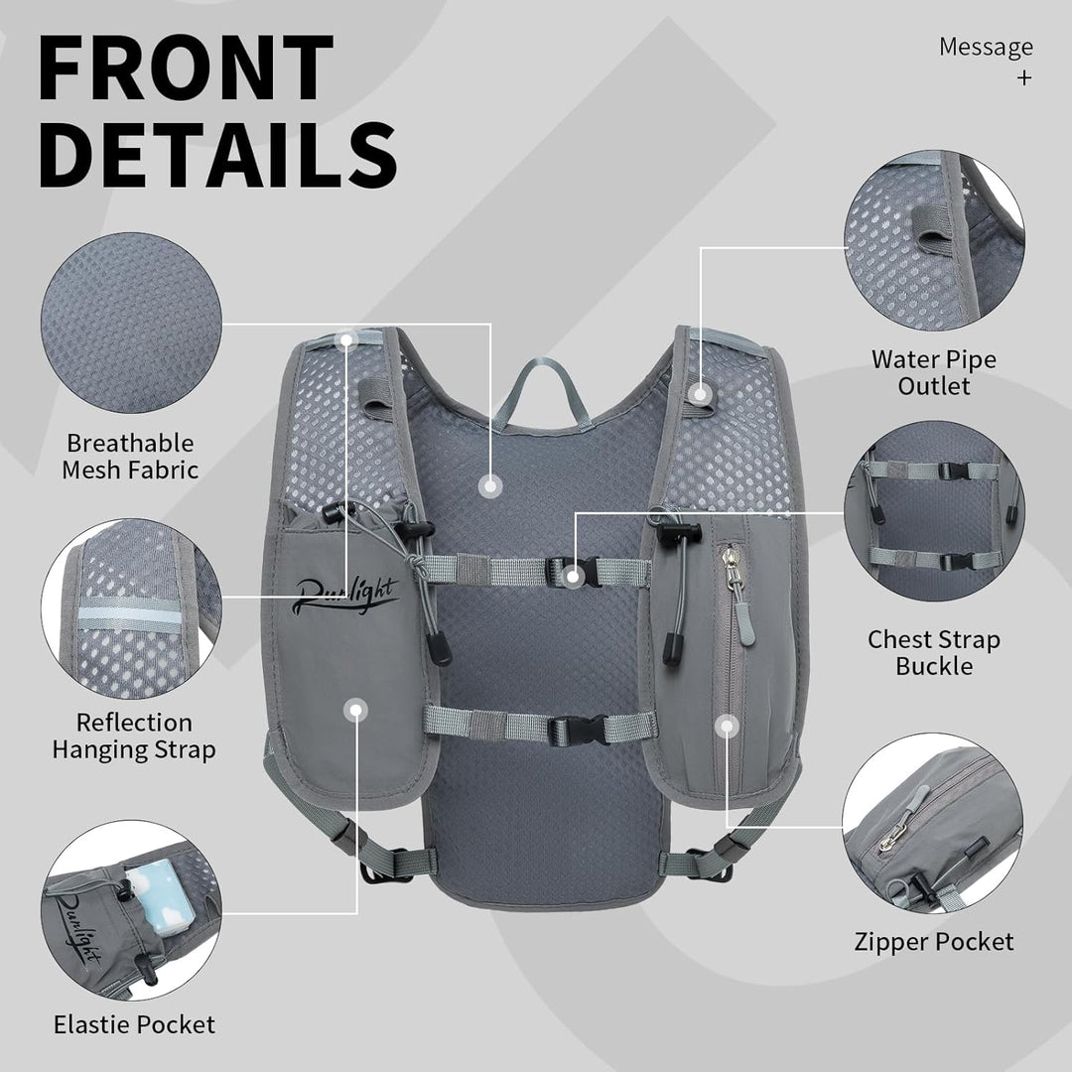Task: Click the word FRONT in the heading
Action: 186,67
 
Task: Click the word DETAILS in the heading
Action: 218,155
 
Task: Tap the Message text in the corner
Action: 986,48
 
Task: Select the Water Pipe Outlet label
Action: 933,372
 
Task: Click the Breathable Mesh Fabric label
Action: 130,457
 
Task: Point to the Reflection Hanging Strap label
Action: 134,736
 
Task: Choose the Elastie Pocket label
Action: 134,1024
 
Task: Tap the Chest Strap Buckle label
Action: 934,652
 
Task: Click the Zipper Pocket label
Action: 933,941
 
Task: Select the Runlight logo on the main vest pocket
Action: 345,595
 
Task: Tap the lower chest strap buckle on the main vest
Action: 579,730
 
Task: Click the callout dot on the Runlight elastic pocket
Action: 355,710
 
